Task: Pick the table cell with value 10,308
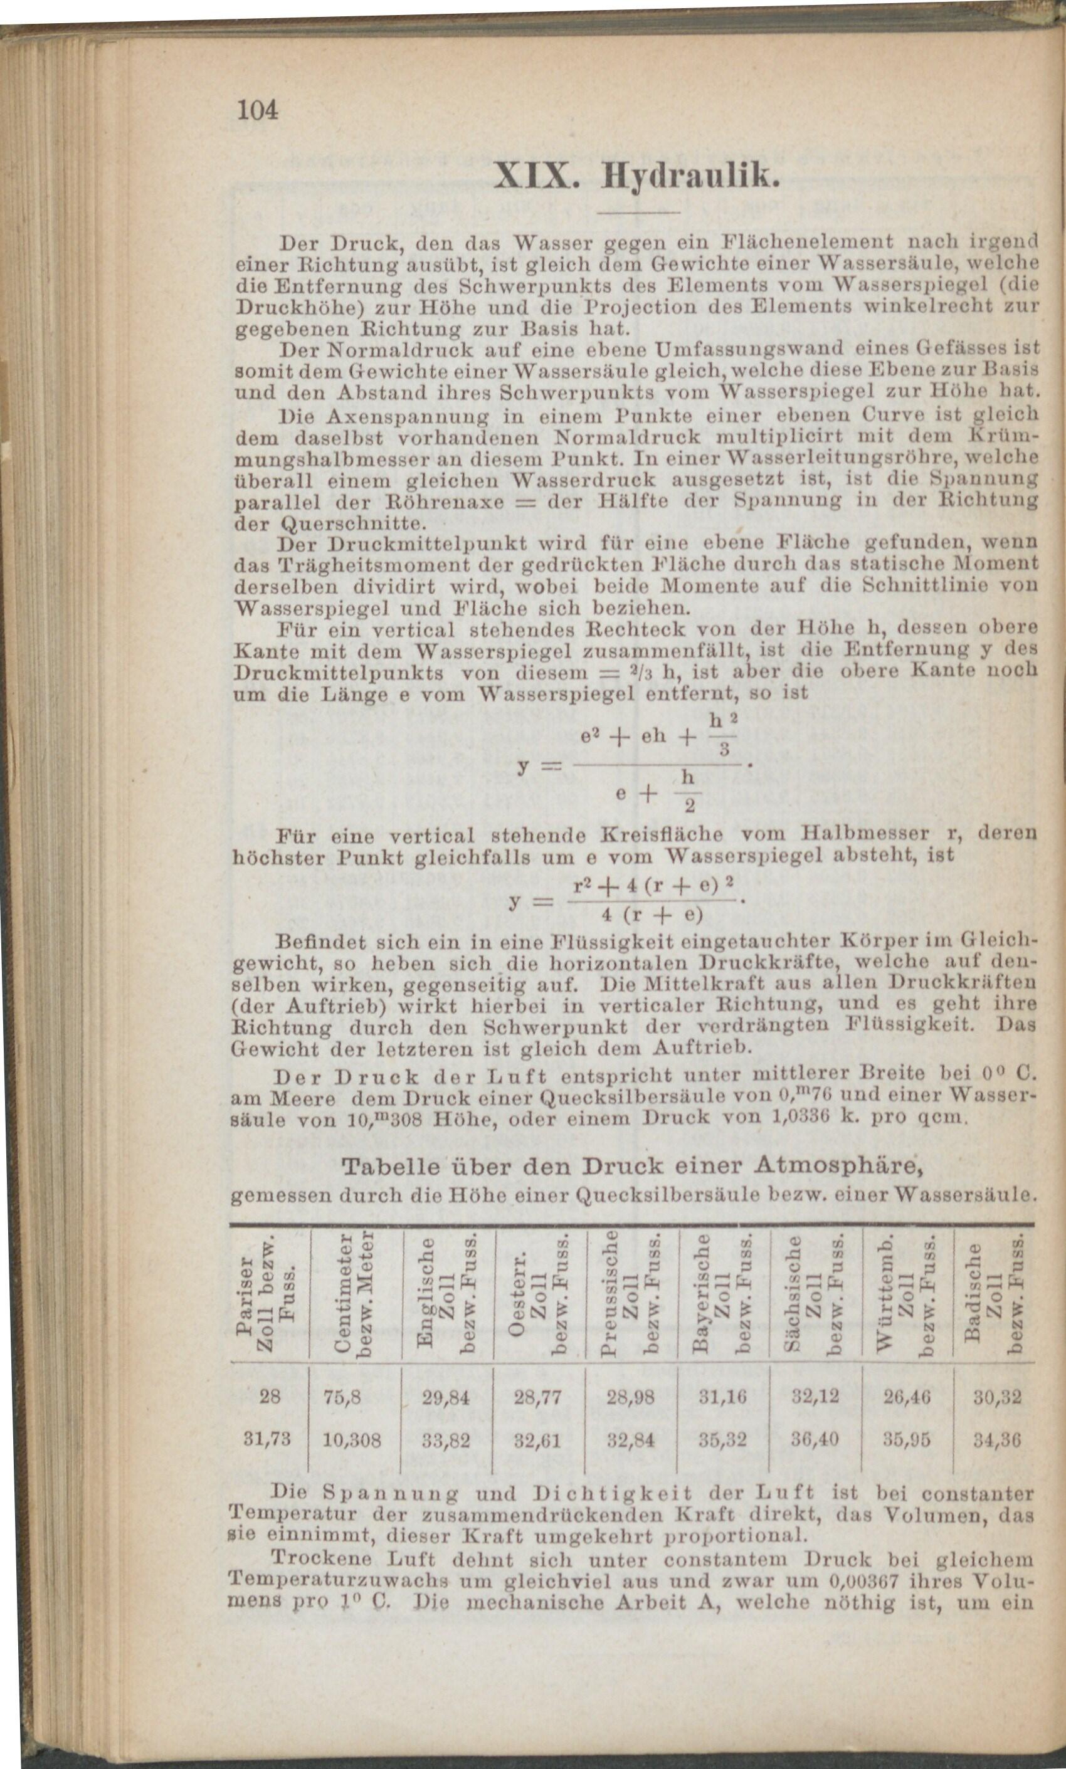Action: coord(352,1439)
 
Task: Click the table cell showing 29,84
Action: coord(448,1397)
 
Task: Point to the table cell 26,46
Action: coord(907,1397)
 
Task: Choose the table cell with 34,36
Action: coord(997,1439)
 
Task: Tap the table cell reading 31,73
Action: coord(268,1439)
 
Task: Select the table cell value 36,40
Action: coord(815,1439)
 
